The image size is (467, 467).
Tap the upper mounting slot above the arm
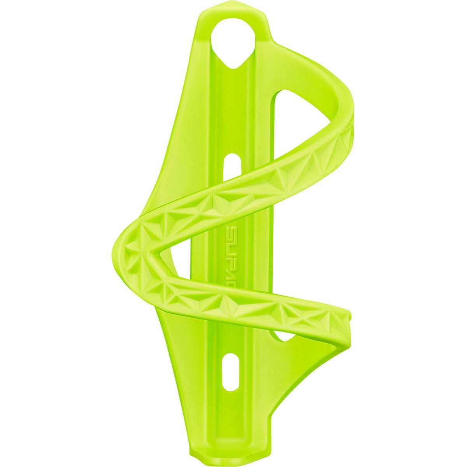pyautogui.click(x=233, y=163)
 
